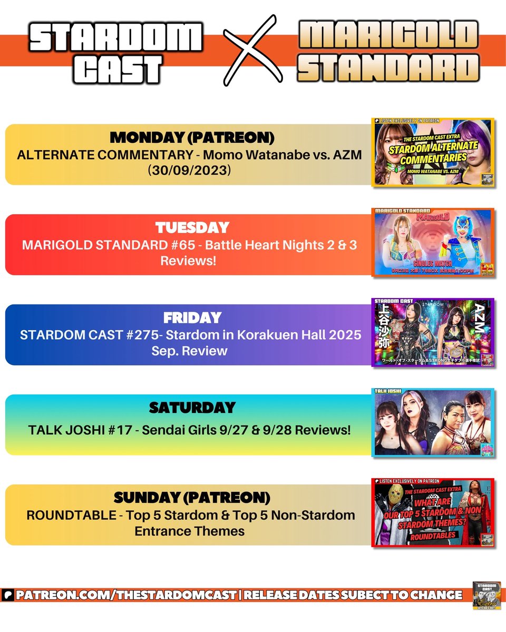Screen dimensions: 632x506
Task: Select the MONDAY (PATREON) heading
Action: pyautogui.click(x=192, y=138)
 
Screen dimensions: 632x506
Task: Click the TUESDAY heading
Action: pyautogui.click(x=192, y=228)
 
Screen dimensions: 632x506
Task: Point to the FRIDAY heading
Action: pyautogui.click(x=191, y=318)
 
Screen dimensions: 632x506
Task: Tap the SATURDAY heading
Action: pyautogui.click(x=191, y=408)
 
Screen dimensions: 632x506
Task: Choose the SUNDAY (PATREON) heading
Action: pyautogui.click(x=192, y=498)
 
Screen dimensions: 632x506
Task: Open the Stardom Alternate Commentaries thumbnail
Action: pyautogui.click(x=433, y=152)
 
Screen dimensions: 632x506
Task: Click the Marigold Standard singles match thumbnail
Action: pyautogui.click(x=433, y=242)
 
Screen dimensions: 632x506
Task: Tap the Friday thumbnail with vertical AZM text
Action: pyautogui.click(x=433, y=332)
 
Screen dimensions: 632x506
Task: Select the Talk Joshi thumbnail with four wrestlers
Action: pyautogui.click(x=433, y=422)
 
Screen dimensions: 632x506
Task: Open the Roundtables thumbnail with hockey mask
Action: pyautogui.click(x=433, y=512)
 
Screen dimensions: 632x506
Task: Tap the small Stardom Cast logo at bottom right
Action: pyautogui.click(x=486, y=596)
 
